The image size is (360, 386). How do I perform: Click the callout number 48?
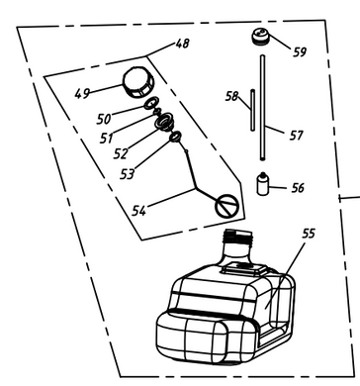click(183, 44)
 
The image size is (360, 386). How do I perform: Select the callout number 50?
click(104, 119)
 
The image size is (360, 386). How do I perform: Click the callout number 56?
click(298, 186)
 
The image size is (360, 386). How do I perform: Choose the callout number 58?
click(232, 96)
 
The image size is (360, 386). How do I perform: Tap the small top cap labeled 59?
click(260, 41)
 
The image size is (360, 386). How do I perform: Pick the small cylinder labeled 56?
click(264, 185)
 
